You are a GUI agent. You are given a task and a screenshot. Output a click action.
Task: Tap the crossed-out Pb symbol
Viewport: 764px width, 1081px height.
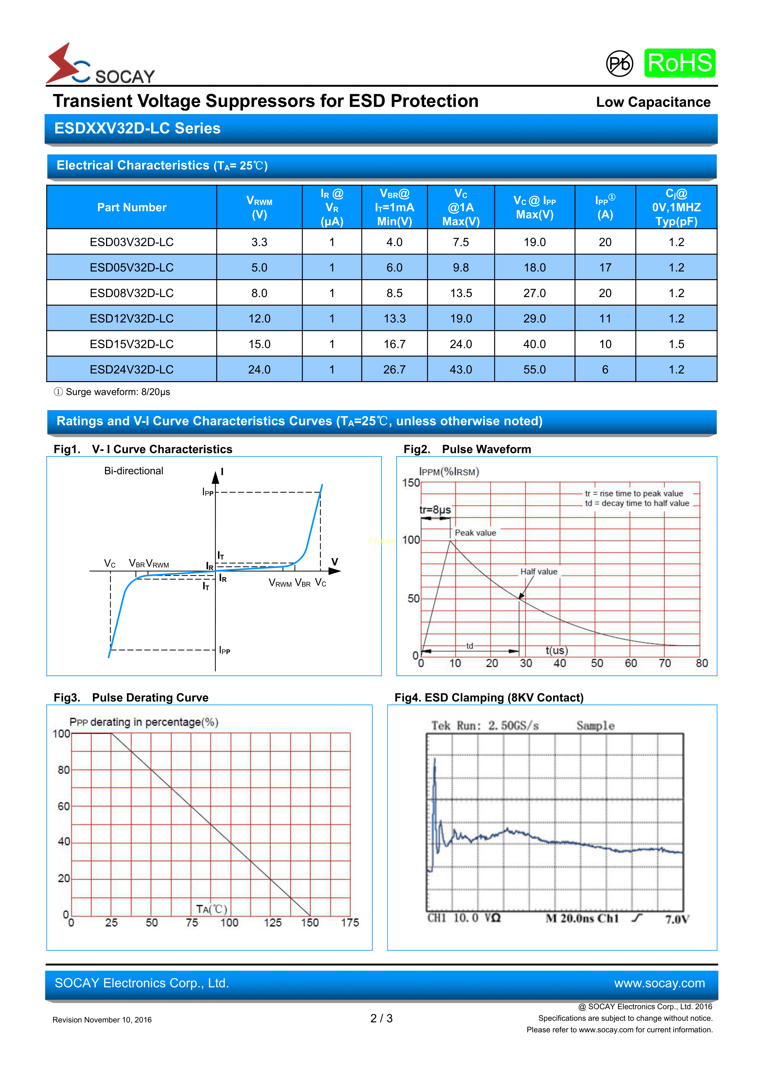click(619, 63)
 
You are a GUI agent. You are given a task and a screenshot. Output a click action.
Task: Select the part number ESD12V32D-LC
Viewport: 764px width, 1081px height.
click(132, 319)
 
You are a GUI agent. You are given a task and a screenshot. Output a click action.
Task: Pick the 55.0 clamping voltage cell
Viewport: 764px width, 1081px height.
click(534, 369)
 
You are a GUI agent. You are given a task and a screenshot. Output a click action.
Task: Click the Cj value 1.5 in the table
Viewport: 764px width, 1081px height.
click(676, 344)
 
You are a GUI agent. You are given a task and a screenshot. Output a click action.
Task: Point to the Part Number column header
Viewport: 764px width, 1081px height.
click(132, 207)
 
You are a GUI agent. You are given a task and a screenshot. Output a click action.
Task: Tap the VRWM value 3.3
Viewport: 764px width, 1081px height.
click(259, 242)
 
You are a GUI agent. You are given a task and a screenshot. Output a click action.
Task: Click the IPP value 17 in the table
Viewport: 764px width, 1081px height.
click(605, 267)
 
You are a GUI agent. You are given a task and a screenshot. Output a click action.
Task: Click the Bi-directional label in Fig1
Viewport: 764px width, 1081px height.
click(134, 471)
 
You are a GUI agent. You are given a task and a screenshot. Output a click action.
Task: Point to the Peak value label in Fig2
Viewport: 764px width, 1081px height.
click(475, 532)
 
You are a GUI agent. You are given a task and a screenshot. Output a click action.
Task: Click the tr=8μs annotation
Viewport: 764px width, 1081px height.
click(435, 510)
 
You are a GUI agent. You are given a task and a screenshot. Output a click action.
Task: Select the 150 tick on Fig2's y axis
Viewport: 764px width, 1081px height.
click(411, 483)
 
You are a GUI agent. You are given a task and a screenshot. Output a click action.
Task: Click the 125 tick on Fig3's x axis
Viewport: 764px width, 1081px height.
click(273, 922)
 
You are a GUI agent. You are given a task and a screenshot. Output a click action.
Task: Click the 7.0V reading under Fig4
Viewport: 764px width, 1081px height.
click(677, 919)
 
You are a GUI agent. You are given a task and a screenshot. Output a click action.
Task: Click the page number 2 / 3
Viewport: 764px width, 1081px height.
click(382, 1018)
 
